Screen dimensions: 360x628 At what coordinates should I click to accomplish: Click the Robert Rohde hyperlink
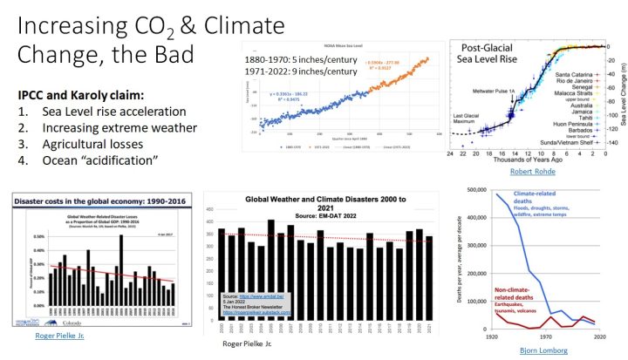[x=529, y=172]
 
